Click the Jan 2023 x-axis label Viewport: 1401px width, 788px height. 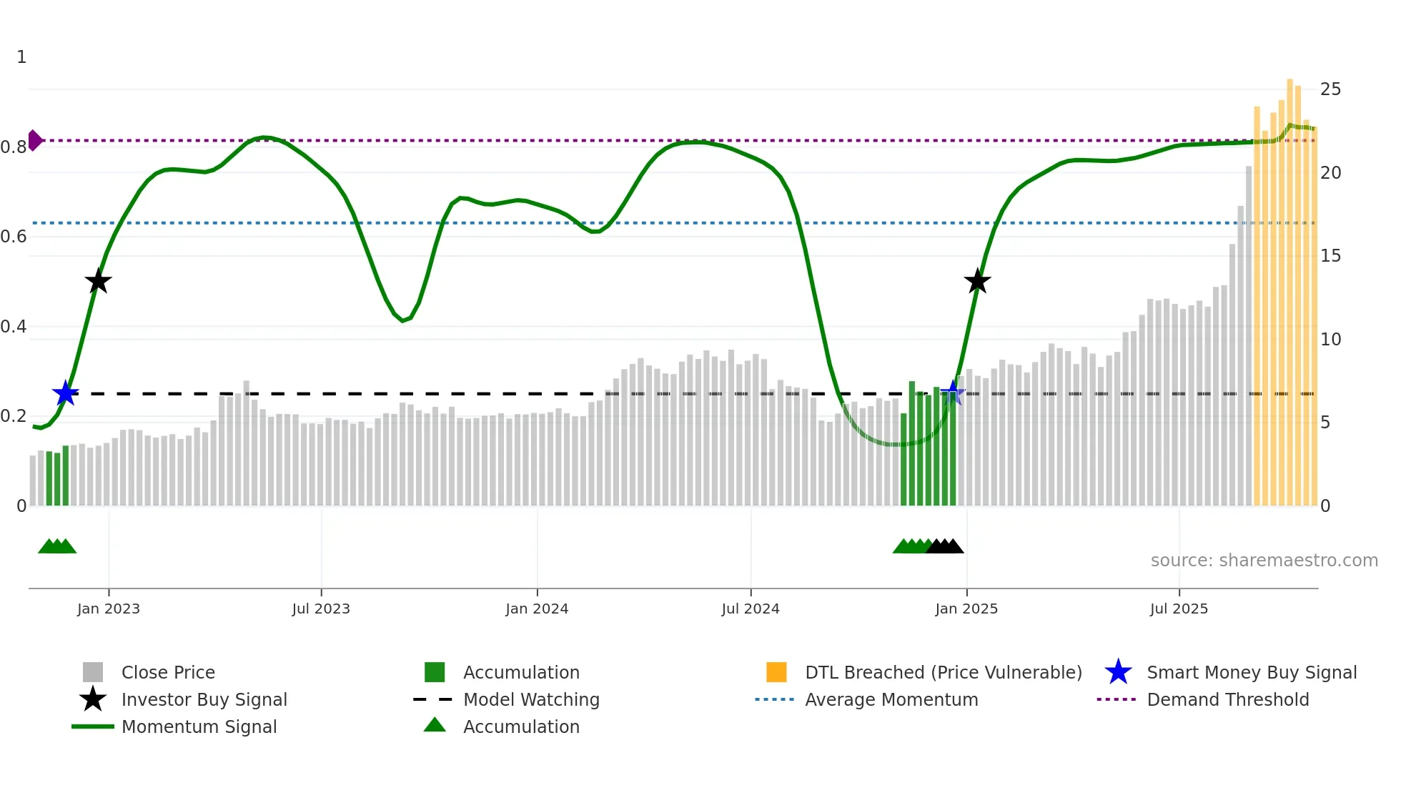[x=109, y=609]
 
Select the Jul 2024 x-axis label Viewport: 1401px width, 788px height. [x=751, y=609]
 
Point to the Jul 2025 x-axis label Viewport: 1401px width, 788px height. [x=1179, y=609]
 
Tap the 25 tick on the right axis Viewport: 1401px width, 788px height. [x=1330, y=89]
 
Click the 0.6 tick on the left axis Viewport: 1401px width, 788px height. [x=14, y=237]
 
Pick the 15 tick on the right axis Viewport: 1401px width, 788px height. [x=1330, y=256]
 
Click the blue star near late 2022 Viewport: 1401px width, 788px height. [x=65, y=393]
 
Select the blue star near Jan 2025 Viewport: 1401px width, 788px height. [x=952, y=393]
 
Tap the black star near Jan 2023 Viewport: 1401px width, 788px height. [x=98, y=281]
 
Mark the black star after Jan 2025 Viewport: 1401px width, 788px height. [x=977, y=281]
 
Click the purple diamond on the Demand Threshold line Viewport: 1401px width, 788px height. [x=34, y=140]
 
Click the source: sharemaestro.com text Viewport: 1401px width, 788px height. [x=1264, y=561]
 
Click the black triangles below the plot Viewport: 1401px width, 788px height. [x=945, y=546]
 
